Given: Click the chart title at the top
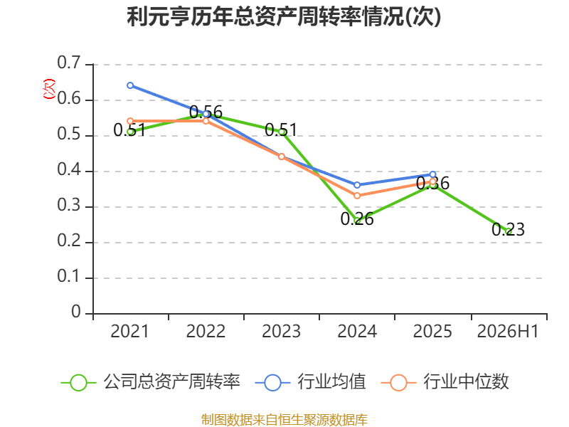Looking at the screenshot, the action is pyautogui.click(x=284, y=16).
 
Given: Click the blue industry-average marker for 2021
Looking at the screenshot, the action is pyautogui.click(x=130, y=85).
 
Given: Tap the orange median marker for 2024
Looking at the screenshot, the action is pyautogui.click(x=357, y=196).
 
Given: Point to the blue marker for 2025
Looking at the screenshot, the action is pyautogui.click(x=432, y=174).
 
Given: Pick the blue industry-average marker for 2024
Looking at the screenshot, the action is pyautogui.click(x=357, y=185).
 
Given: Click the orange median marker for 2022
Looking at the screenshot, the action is pyautogui.click(x=206, y=121).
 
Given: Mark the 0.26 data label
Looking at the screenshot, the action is pyautogui.click(x=357, y=219).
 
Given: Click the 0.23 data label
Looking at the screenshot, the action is pyautogui.click(x=508, y=229).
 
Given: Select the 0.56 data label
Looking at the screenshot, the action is pyautogui.click(x=206, y=112).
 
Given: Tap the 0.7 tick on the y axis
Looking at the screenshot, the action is pyautogui.click(x=69, y=63).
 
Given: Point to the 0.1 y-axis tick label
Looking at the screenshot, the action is pyautogui.click(x=69, y=276).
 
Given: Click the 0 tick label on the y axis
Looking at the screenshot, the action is pyautogui.click(x=76, y=312).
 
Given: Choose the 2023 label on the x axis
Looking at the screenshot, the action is pyautogui.click(x=281, y=332).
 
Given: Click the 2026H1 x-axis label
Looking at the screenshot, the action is pyautogui.click(x=508, y=332).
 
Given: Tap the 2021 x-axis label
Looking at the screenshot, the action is pyautogui.click(x=129, y=332).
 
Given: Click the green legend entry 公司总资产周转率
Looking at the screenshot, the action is pyautogui.click(x=151, y=382).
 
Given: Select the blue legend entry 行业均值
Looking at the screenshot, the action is pyautogui.click(x=311, y=382).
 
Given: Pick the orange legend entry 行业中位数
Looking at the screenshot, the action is pyautogui.click(x=445, y=382).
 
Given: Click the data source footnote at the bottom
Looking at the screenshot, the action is pyautogui.click(x=284, y=420).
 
